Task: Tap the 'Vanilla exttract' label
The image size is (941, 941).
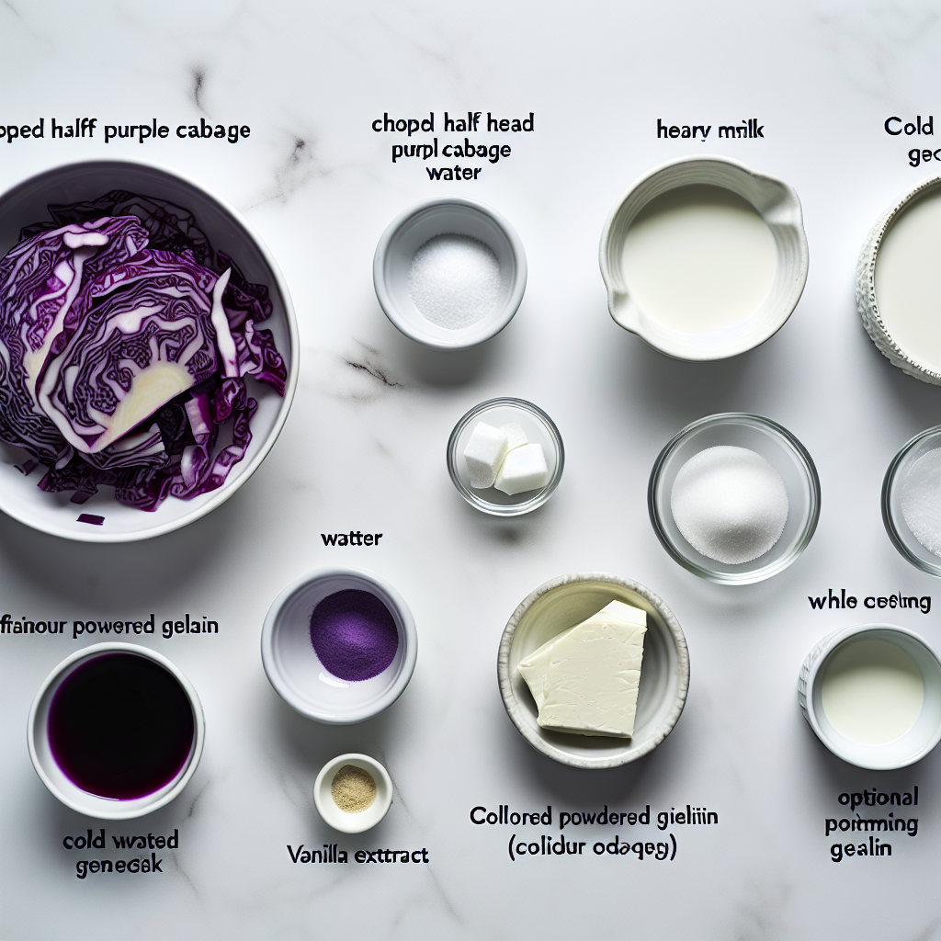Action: click(x=357, y=855)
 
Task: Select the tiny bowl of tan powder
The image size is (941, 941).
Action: click(x=353, y=789)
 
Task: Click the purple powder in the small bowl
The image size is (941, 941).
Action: click(x=353, y=634)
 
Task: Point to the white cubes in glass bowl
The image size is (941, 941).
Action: click(x=505, y=458)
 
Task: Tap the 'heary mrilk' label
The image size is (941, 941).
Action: click(x=709, y=130)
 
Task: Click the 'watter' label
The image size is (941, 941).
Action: click(x=352, y=539)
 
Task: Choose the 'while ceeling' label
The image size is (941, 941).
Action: click(x=868, y=602)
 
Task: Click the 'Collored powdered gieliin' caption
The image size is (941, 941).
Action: click(x=593, y=816)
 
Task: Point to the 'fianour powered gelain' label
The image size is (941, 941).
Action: click(x=108, y=627)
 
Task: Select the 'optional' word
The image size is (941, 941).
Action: click(x=877, y=798)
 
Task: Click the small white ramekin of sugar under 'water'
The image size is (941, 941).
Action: click(x=450, y=276)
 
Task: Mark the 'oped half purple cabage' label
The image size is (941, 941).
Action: click(x=125, y=130)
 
